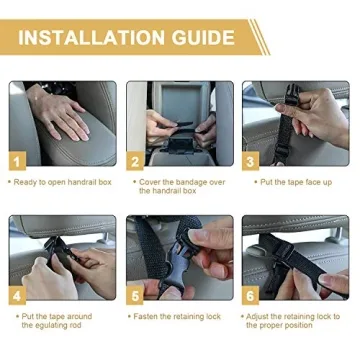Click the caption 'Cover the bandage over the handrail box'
point(177,186)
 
